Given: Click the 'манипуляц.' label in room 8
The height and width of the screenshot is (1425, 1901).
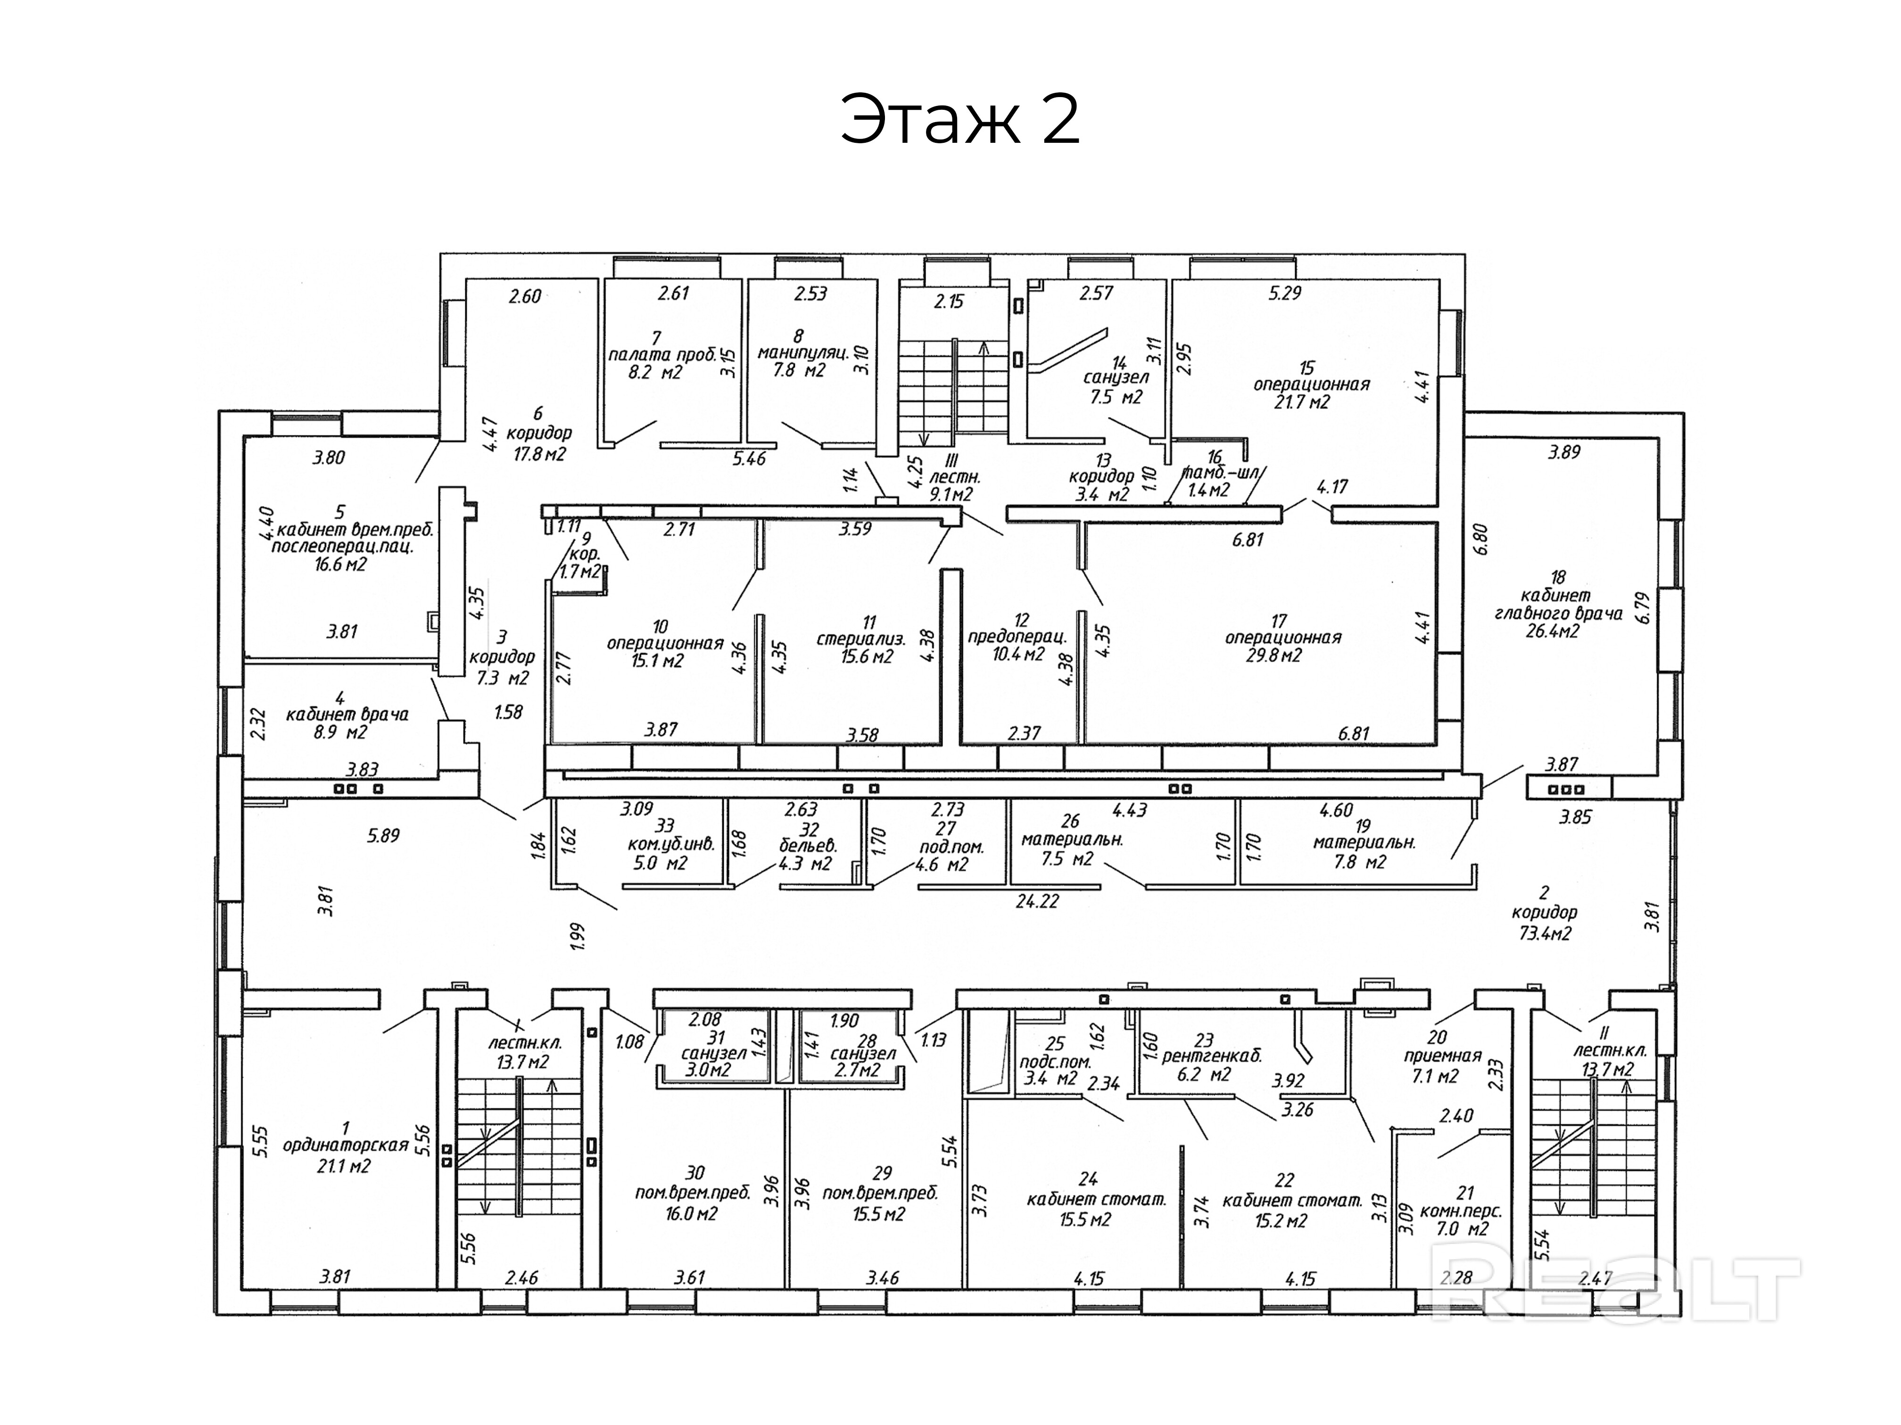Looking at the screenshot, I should click(x=803, y=352).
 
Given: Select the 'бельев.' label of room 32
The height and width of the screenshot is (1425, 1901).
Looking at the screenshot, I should click(x=807, y=845).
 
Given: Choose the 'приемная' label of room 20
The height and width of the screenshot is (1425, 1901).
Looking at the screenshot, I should click(x=1441, y=1056).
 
